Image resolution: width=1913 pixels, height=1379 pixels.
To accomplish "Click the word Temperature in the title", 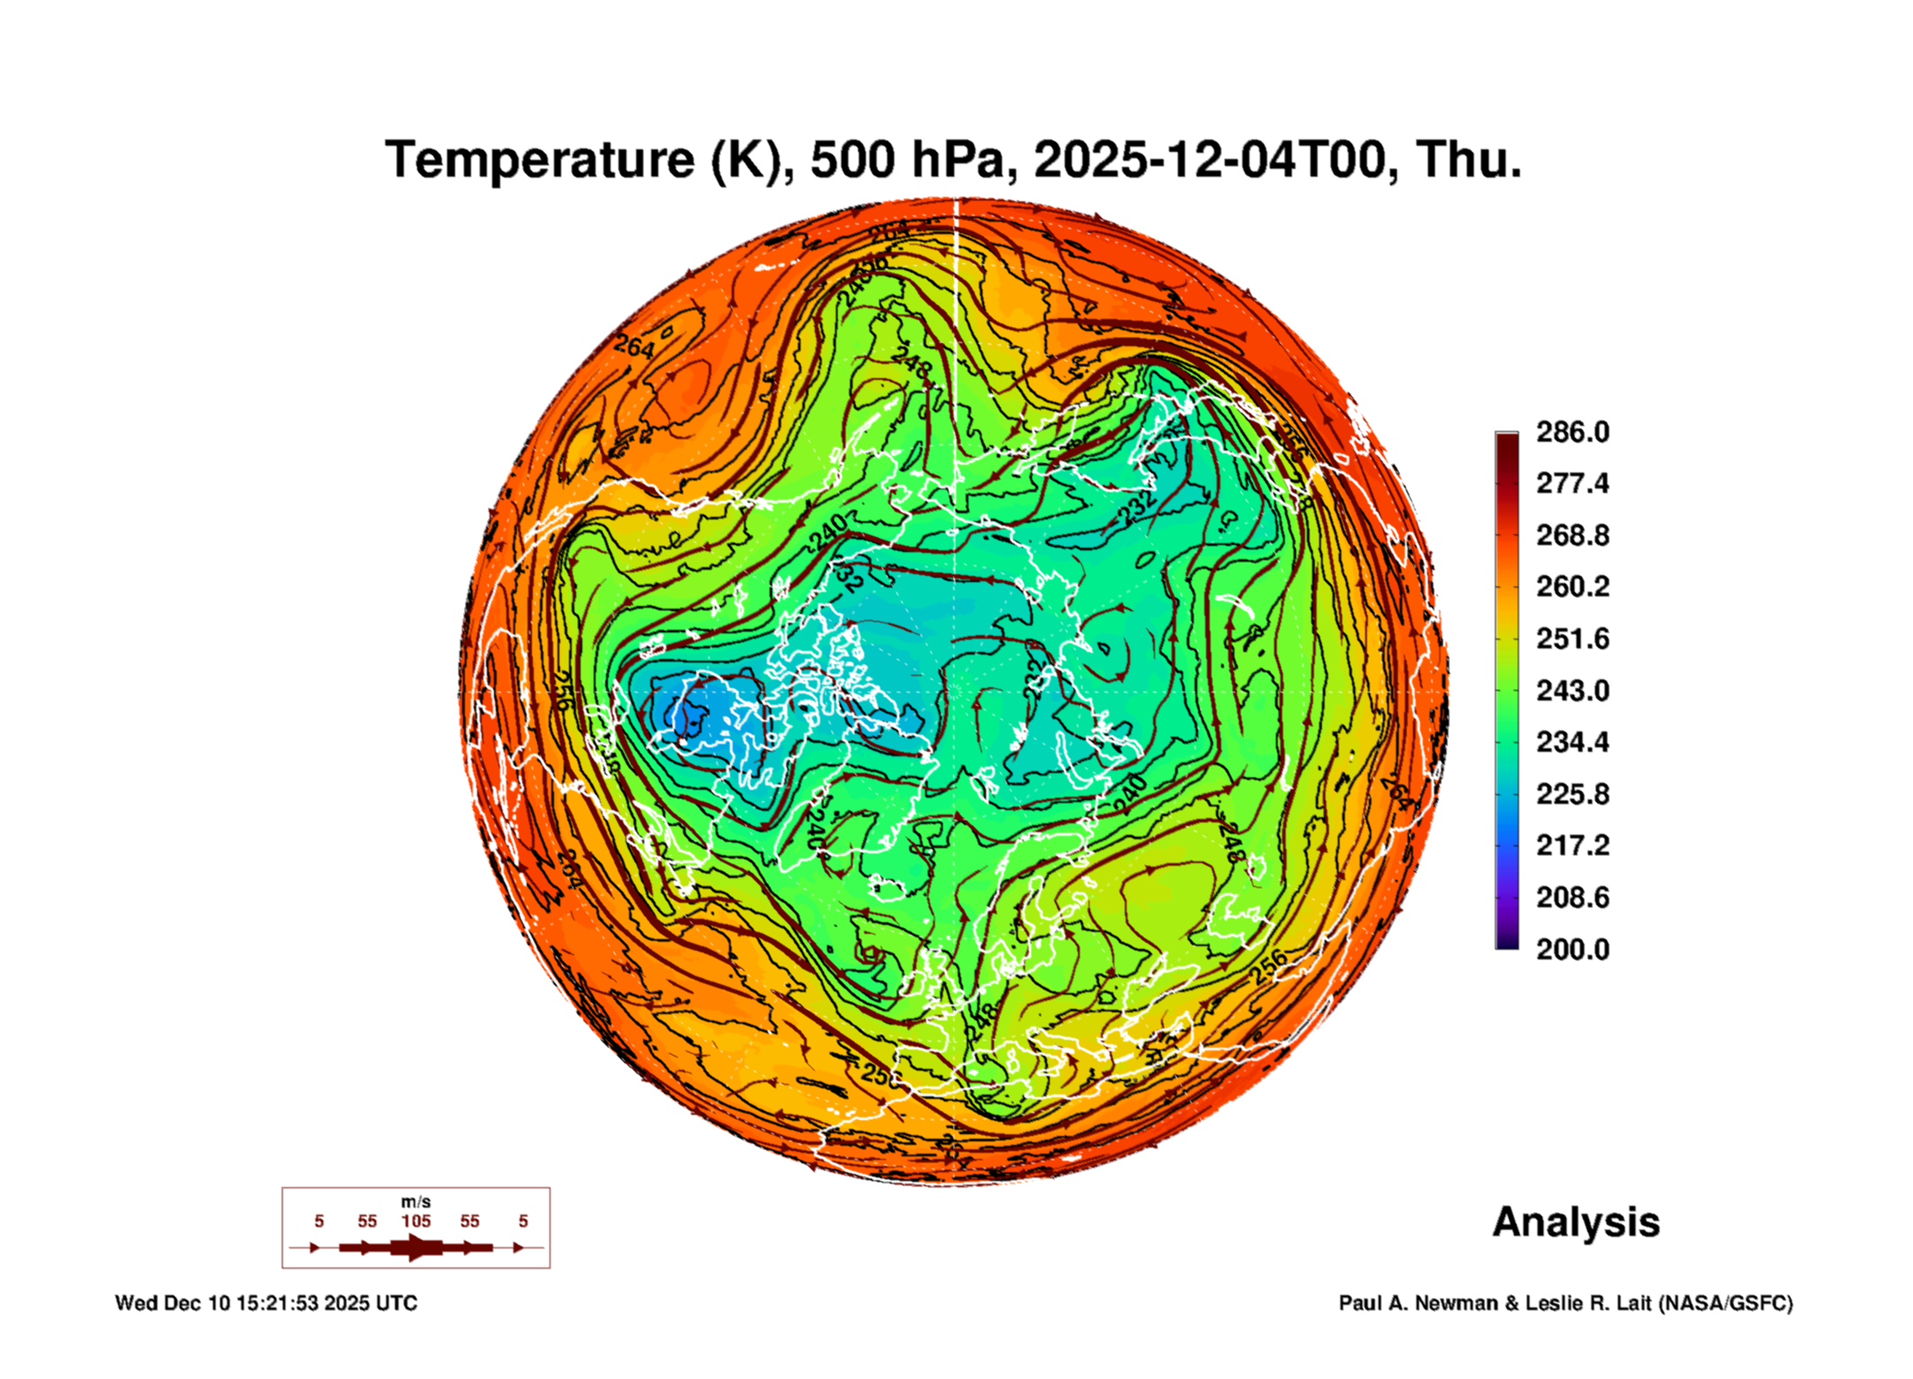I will (541, 160).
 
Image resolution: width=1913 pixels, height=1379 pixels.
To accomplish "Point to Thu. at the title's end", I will (1468, 160).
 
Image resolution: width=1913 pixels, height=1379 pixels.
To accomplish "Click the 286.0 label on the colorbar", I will (1572, 432).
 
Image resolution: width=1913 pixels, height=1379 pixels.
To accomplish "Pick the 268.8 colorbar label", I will (1572, 535).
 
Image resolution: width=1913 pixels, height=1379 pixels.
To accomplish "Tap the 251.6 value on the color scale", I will (1572, 639).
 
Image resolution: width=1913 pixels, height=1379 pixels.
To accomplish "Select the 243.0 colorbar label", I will (1572, 690).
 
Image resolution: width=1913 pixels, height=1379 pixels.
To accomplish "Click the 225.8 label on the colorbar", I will (1572, 794).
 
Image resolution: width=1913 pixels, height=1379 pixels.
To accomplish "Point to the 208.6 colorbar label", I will (1572, 898).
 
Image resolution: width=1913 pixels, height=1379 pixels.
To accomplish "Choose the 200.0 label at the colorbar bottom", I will (1572, 950).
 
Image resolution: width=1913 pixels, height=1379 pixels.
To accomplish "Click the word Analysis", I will (1575, 1223).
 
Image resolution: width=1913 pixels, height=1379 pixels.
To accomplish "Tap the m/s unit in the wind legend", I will (415, 1201).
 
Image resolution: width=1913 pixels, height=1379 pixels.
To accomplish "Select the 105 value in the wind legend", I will (416, 1221).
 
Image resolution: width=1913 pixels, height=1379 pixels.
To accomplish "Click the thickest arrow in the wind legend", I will (416, 1247).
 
